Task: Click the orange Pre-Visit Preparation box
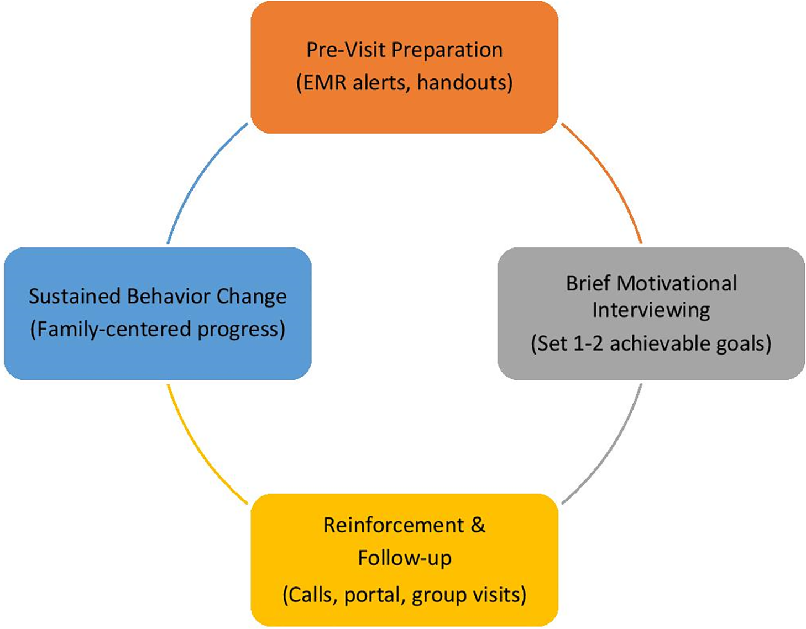coord(404,110)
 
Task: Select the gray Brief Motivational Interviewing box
coord(651,365)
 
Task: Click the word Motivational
coord(676,283)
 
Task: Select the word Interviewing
coord(651,310)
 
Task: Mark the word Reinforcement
coord(393,525)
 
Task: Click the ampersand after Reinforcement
coord(478,525)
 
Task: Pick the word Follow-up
coord(404,558)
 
